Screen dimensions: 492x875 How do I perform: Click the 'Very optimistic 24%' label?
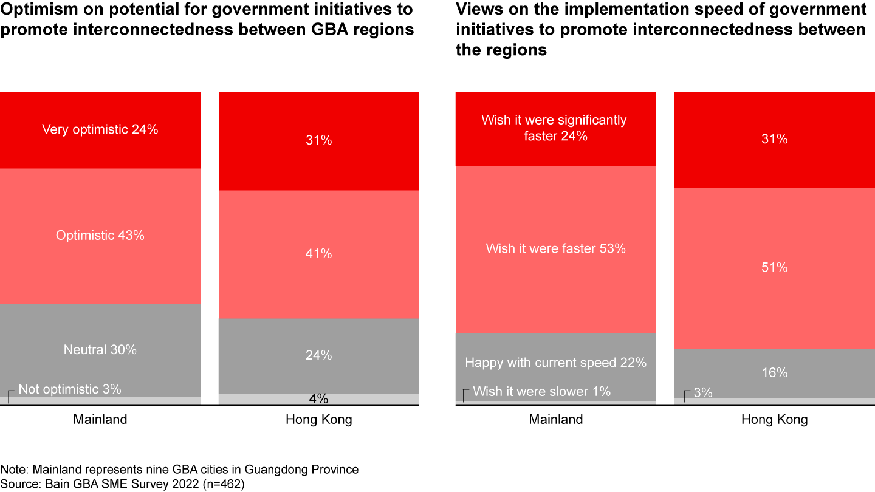tap(100, 129)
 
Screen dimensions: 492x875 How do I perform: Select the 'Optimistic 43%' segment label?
tap(100, 235)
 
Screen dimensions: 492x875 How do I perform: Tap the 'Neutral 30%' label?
tap(100, 349)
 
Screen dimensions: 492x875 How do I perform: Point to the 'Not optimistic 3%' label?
tap(70, 389)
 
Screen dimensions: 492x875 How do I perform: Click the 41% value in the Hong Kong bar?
tap(319, 253)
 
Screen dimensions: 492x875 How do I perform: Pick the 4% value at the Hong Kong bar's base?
tap(319, 399)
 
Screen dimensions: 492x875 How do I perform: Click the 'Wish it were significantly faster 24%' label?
tap(554, 128)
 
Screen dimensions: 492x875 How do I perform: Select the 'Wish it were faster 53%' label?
tap(556, 248)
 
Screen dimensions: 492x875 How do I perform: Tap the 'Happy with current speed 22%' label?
tap(556, 363)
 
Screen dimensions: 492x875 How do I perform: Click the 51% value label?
tap(775, 267)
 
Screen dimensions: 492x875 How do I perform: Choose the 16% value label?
tap(775, 372)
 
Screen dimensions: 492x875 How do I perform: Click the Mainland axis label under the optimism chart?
tap(100, 420)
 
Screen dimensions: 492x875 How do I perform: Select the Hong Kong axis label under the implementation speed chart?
tap(775, 420)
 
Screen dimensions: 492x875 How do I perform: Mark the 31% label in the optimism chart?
tap(319, 140)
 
